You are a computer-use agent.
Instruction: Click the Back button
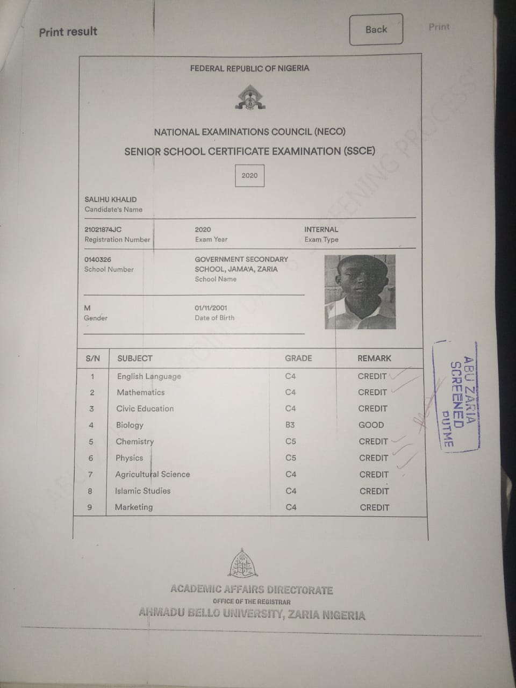click(x=376, y=30)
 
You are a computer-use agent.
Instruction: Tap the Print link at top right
click(x=439, y=27)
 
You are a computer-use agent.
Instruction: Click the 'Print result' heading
click(x=68, y=32)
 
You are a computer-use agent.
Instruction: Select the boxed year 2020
click(x=249, y=176)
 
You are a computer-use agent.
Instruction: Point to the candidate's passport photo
click(x=360, y=292)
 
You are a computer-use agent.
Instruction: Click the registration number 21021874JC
click(x=103, y=230)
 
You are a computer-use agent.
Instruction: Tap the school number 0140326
click(x=98, y=260)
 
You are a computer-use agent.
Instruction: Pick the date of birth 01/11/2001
click(x=211, y=308)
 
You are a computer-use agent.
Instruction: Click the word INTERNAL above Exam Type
click(x=321, y=230)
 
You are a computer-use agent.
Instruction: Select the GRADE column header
click(x=298, y=359)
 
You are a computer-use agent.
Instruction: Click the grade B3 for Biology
click(x=290, y=425)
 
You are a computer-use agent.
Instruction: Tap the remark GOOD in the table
click(x=371, y=425)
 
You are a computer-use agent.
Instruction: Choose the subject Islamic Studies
click(x=142, y=491)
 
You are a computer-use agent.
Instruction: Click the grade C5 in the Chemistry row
click(x=291, y=441)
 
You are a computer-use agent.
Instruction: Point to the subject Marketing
click(x=134, y=507)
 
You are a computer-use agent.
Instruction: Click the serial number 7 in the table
click(x=90, y=475)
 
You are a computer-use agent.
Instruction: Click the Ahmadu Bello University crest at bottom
click(x=244, y=564)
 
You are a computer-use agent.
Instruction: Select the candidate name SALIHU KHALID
click(x=111, y=199)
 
